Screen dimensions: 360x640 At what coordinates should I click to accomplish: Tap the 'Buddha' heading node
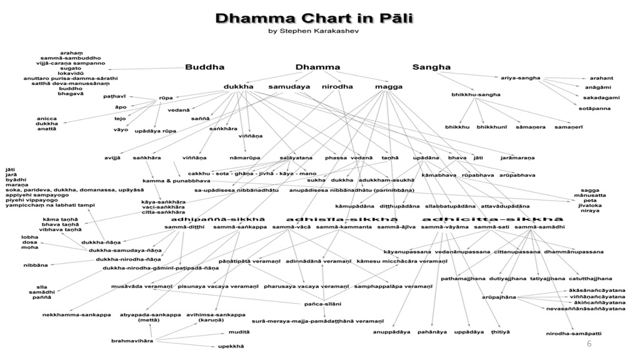[x=204, y=67]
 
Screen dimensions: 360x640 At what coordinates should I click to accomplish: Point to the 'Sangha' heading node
[x=431, y=67]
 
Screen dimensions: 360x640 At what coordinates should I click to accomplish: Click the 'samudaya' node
[x=289, y=86]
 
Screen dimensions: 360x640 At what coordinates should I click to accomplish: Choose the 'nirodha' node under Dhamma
[x=337, y=86]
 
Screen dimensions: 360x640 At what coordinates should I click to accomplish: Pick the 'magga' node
[x=388, y=86]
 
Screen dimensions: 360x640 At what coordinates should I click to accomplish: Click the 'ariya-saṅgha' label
[x=520, y=78]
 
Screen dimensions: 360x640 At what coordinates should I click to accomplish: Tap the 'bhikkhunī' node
[x=492, y=127]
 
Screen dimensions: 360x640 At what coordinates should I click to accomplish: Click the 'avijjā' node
[x=113, y=157]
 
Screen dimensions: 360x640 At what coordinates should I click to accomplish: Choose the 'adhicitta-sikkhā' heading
[x=487, y=219]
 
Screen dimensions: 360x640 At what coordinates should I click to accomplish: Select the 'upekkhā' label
[x=231, y=346]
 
